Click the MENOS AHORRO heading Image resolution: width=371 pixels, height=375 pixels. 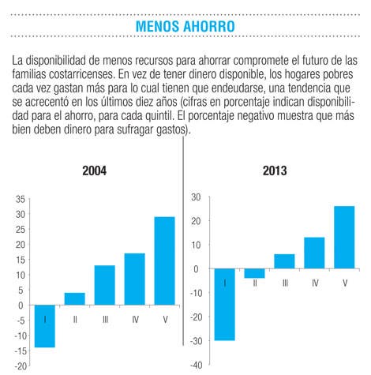tap(185, 26)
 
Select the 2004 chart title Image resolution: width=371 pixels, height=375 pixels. tap(95, 171)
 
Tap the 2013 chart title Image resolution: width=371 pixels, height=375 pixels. tap(275, 171)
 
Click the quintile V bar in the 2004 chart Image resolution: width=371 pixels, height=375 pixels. tap(164, 261)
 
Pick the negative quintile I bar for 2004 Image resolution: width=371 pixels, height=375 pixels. tap(45, 326)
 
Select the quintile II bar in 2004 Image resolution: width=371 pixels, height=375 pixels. tap(75, 299)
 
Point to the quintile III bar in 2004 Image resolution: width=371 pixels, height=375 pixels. tap(105, 285)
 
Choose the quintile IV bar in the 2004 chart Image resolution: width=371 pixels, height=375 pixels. tap(135, 279)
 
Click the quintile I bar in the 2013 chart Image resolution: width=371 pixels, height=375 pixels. tap(225, 305)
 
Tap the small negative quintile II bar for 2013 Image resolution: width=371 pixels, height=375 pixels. tap(255, 273)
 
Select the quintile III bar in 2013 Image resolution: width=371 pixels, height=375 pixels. tap(284, 261)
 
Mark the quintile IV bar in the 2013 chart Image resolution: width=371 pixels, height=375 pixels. tap(314, 253)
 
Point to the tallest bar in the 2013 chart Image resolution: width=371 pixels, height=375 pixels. tap(344, 238)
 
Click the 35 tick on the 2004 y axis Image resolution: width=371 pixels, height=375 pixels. tap(21, 199)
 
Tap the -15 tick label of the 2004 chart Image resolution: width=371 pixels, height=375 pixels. tap(21, 351)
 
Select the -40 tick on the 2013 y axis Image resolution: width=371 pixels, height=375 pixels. tap(197, 365)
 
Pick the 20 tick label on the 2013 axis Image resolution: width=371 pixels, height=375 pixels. tap(196, 221)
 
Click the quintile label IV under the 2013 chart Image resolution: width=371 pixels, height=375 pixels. tap(315, 283)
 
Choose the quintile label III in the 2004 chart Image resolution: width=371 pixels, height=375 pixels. tap(105, 320)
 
